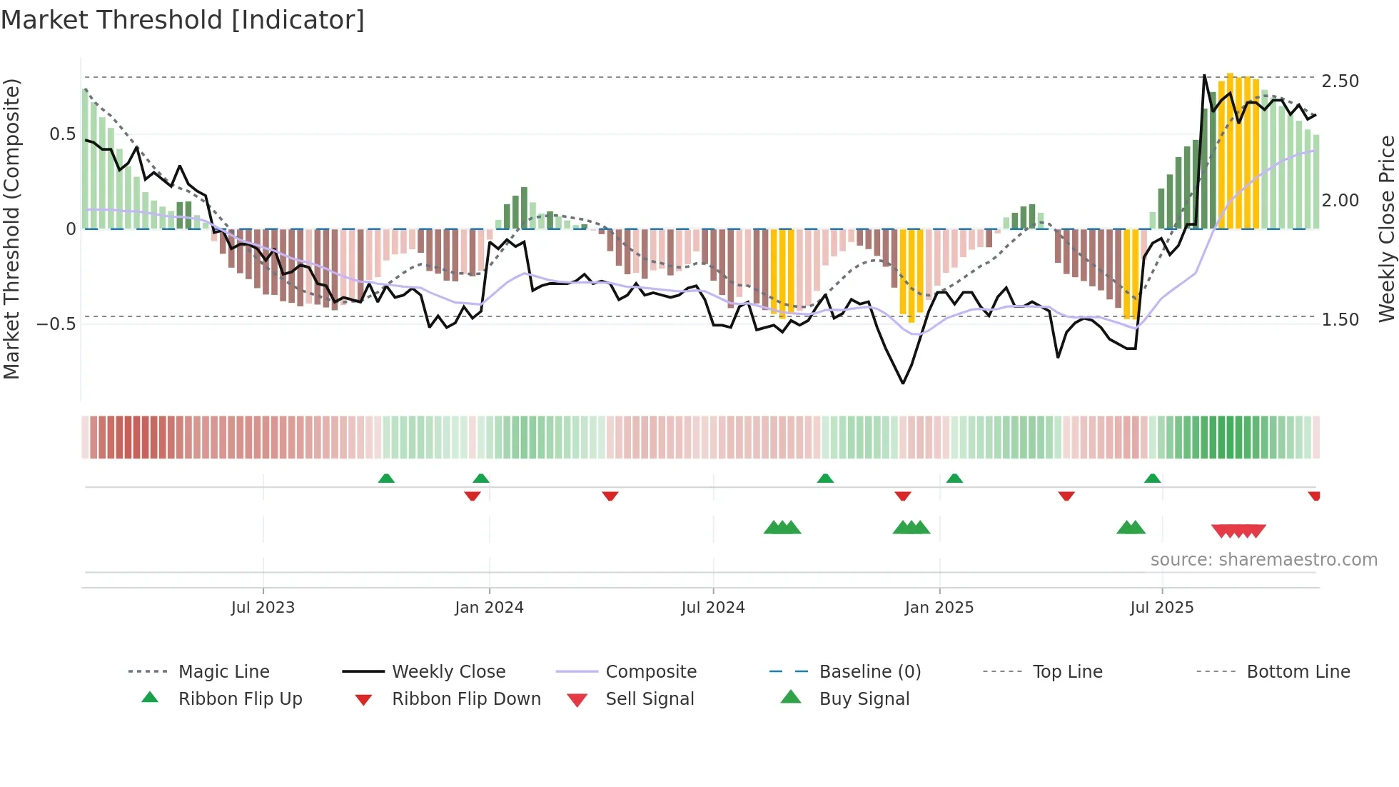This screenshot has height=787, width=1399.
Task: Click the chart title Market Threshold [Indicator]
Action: pos(183,20)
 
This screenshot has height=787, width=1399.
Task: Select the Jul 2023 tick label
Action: pos(263,608)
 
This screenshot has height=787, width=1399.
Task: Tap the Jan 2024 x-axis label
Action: pos(489,608)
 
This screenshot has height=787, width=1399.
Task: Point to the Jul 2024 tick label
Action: pos(713,608)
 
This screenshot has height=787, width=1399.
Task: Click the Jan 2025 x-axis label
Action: pos(939,608)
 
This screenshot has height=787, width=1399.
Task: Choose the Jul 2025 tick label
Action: pos(1161,608)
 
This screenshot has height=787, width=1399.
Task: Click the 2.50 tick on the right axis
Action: pos(1340,81)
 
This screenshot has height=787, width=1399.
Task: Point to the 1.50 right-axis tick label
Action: pos(1340,320)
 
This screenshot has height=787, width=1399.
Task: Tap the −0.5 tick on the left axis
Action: pos(56,324)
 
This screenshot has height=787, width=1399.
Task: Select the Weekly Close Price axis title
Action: pos(1386,229)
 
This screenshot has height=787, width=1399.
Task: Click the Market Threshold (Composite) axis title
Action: pos(11,229)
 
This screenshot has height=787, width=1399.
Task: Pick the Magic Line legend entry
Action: pos(223,672)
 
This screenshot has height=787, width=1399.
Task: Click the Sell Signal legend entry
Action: pos(650,699)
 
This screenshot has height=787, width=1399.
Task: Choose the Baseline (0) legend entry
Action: pos(869,672)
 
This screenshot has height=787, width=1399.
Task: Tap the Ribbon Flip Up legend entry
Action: pos(240,699)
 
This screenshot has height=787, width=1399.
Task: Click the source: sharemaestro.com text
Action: pos(1263,560)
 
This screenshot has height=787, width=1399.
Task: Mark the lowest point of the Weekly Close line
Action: pos(903,384)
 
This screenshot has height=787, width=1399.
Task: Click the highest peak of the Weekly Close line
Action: pos(1204,75)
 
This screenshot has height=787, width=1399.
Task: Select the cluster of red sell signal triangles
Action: pos(1238,531)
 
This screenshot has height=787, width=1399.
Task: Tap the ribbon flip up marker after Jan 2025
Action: pos(954,478)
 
